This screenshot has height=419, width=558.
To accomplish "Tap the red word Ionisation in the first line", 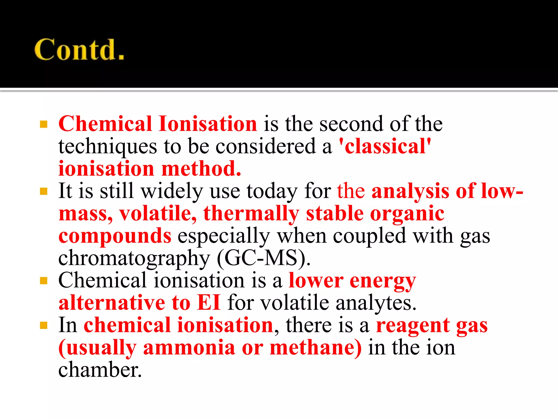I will click(x=208, y=124).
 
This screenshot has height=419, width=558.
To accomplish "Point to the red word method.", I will click(x=201, y=169).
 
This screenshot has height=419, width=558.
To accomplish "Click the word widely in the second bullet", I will click(x=172, y=191).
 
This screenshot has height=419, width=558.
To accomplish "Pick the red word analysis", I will click(x=410, y=191).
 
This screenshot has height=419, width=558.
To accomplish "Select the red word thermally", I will click(x=251, y=214).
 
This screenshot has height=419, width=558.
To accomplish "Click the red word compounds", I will click(x=115, y=236).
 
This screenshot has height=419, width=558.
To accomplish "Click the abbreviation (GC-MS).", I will click(x=263, y=258).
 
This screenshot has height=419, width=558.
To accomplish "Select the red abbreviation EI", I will click(x=209, y=303).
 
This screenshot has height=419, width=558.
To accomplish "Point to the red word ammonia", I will click(x=189, y=348).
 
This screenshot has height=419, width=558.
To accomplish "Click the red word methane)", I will click(x=316, y=348).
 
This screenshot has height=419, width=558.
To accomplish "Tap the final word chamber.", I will click(x=100, y=370).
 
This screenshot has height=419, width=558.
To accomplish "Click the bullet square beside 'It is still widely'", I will click(x=44, y=191).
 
